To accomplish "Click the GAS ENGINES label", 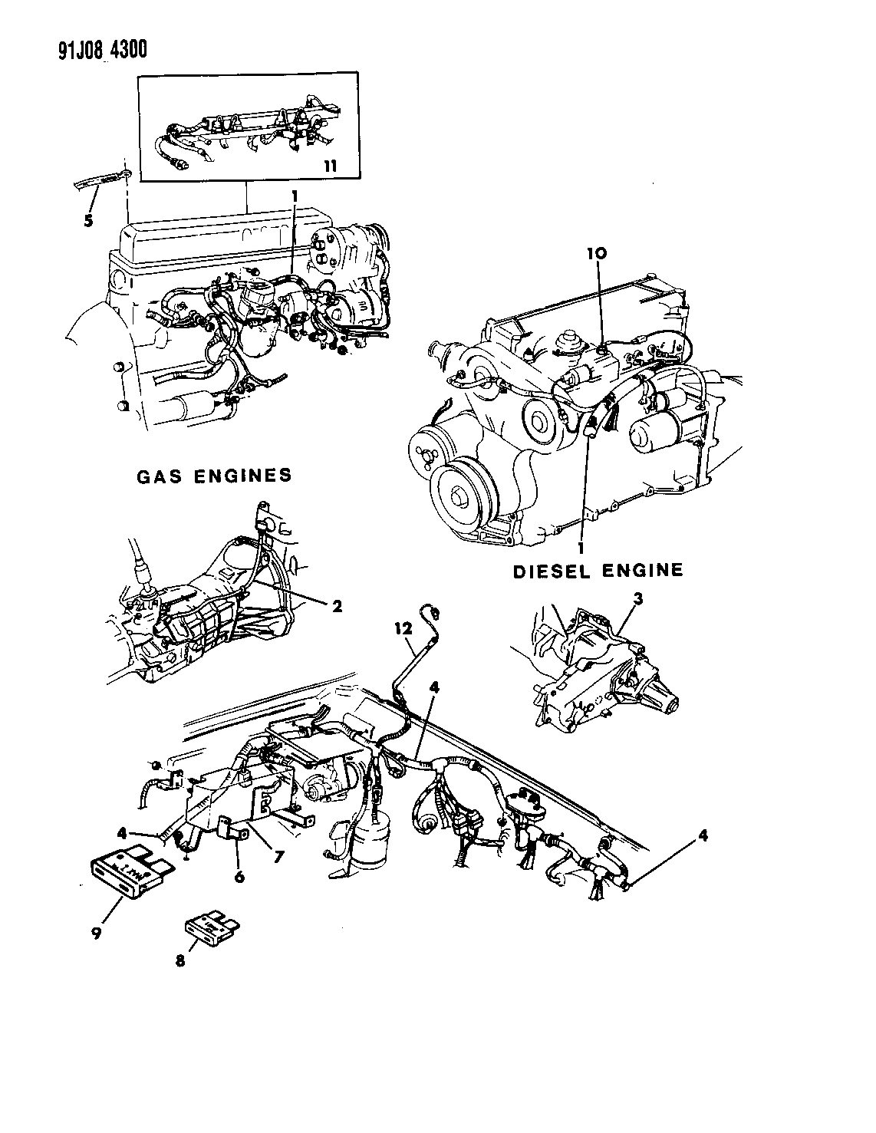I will (x=214, y=476).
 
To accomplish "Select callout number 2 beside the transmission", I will (x=335, y=605).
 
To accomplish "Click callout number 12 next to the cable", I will (x=397, y=627).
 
